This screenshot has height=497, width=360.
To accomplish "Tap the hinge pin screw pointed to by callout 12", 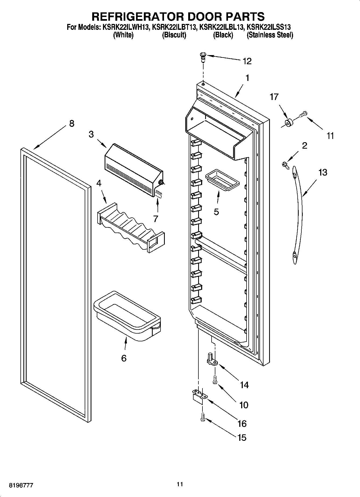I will pyautogui.click(x=202, y=57).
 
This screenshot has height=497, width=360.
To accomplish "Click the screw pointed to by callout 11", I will pyautogui.click(x=303, y=115).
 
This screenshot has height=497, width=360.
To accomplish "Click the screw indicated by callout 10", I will pyautogui.click(x=215, y=380).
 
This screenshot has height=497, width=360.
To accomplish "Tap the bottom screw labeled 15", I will pyautogui.click(x=203, y=417).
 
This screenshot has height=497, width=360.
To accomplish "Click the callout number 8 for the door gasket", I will pyautogui.click(x=71, y=124).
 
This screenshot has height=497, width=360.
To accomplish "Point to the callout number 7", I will pyautogui.click(x=156, y=219).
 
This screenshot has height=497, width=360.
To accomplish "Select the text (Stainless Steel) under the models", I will pyautogui.click(x=270, y=35).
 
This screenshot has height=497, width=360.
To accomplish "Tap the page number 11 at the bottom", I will pyautogui.click(x=180, y=484).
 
